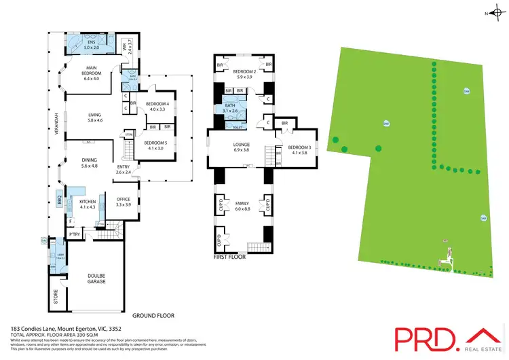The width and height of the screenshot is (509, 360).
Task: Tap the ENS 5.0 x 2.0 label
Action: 91,46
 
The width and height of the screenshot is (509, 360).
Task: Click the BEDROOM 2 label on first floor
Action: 244,74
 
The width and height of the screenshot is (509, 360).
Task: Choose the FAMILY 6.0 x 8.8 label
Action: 242,206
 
